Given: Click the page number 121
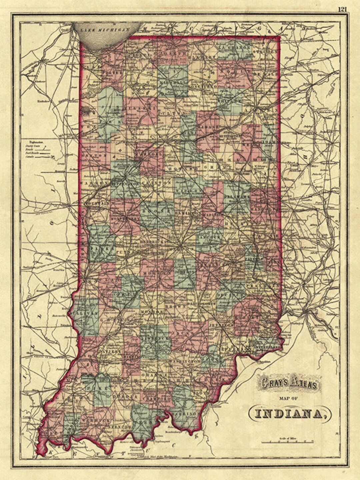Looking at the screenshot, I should [x=342, y=9].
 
